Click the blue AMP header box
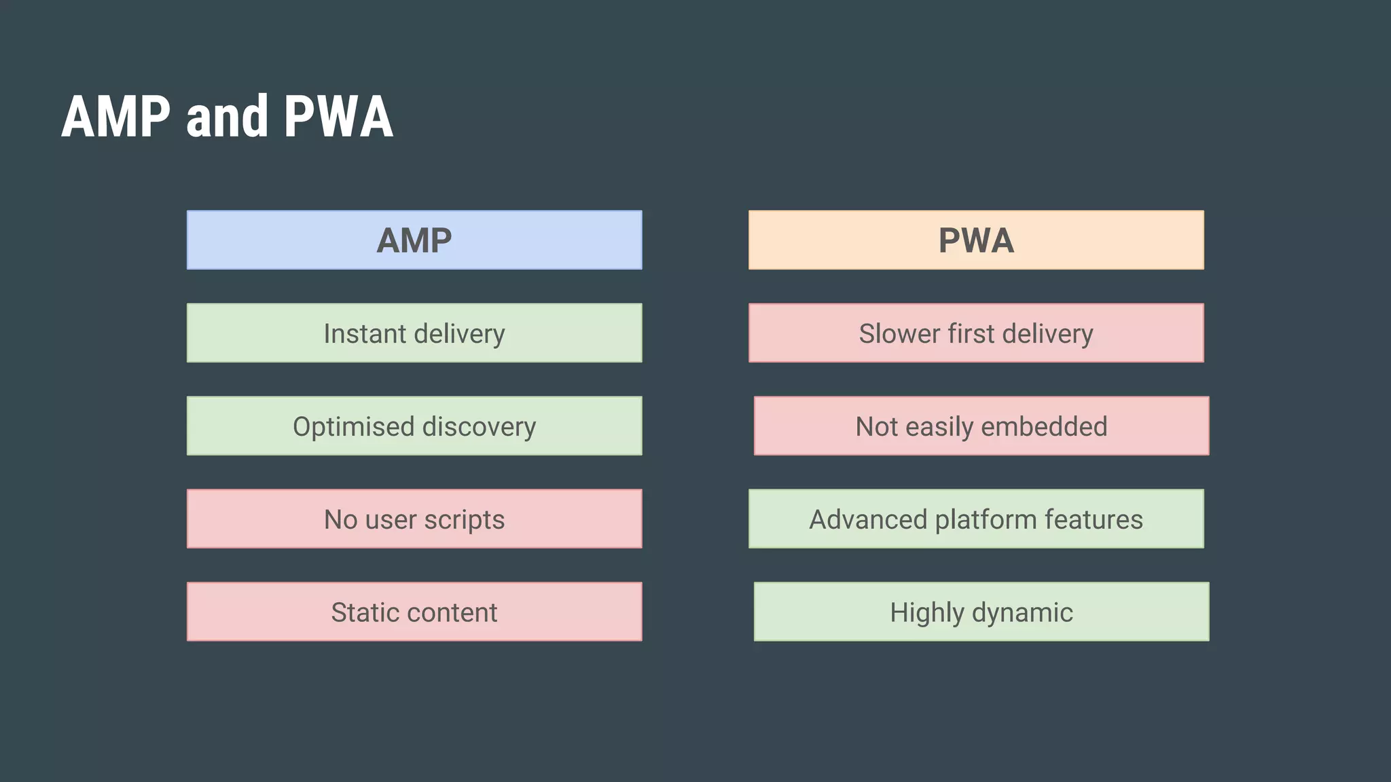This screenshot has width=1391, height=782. click(414, 240)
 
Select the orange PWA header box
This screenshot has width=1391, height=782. click(976, 240)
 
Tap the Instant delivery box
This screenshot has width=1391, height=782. click(414, 333)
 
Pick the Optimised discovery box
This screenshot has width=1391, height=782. click(414, 426)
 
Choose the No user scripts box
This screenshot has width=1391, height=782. click(414, 519)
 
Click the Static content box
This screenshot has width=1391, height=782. click(414, 612)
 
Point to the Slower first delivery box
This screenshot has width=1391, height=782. click(976, 333)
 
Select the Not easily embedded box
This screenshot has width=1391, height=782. click(981, 426)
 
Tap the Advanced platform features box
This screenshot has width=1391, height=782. click(976, 519)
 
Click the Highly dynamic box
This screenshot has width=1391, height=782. click(981, 612)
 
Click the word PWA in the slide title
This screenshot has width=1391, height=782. click(338, 117)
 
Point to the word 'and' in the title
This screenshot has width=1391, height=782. click(227, 117)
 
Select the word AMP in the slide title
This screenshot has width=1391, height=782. click(116, 117)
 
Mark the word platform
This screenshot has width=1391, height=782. click(986, 520)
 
